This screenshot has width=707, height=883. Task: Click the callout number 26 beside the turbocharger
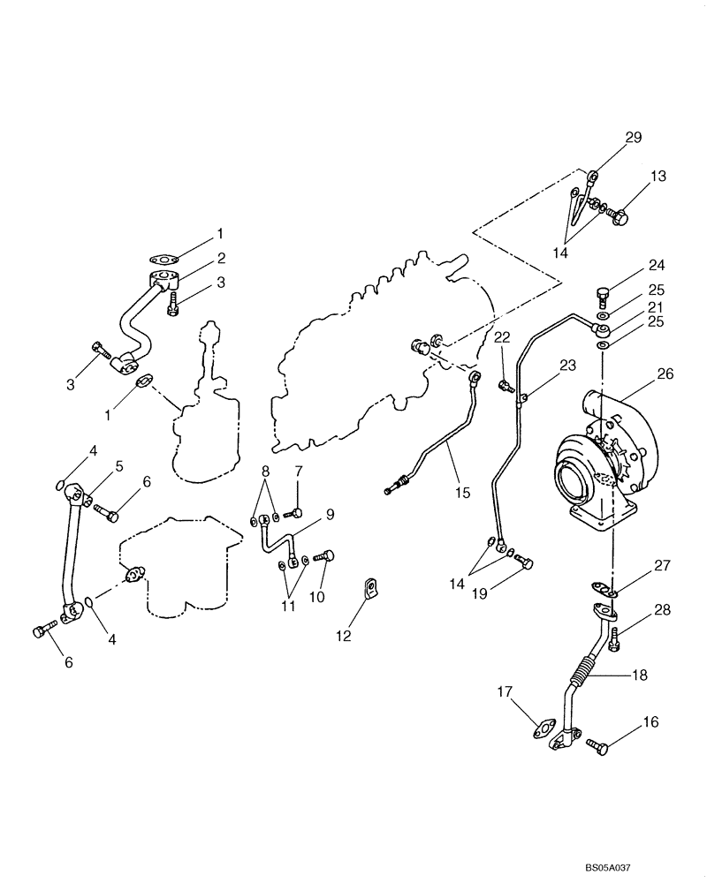(665, 374)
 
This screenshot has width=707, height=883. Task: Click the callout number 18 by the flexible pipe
(638, 675)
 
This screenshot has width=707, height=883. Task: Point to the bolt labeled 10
(326, 556)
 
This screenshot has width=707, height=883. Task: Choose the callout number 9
(304, 513)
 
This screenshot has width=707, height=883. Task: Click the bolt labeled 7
(296, 513)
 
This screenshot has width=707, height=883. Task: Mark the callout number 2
(222, 259)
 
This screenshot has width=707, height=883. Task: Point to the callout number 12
(344, 636)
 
